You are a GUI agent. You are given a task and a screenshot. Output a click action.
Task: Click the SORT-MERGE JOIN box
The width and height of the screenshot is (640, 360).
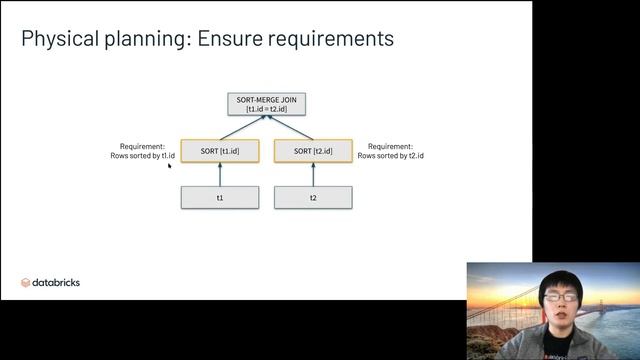pyautogui.click(x=266, y=103)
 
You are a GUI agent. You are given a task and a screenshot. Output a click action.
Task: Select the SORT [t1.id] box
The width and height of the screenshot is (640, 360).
pyautogui.click(x=220, y=151)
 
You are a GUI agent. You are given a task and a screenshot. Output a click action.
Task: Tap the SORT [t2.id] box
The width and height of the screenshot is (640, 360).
pyautogui.click(x=313, y=151)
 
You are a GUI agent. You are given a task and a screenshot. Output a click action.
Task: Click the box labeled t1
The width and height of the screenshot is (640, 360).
pyautogui.click(x=220, y=198)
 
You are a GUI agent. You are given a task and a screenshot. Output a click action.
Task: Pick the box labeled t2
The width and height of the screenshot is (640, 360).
pyautogui.click(x=313, y=198)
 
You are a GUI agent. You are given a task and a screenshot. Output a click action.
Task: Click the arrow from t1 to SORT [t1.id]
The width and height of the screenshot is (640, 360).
pyautogui.click(x=220, y=175)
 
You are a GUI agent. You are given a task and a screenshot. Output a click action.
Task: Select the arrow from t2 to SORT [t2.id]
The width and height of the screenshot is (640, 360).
pyautogui.click(x=313, y=175)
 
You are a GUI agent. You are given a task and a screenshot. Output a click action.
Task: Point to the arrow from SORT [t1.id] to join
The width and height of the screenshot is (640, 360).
pyautogui.click(x=242, y=127)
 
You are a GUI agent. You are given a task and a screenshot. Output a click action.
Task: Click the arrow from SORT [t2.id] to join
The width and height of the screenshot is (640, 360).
pyautogui.click(x=290, y=127)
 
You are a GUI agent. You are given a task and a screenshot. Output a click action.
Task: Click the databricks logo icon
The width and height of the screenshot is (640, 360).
pyautogui.click(x=26, y=283)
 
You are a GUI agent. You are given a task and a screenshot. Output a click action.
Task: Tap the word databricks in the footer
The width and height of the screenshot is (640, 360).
pyautogui.click(x=57, y=283)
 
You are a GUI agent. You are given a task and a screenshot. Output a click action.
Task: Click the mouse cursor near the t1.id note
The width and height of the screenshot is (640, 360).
pyautogui.click(x=170, y=166)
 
